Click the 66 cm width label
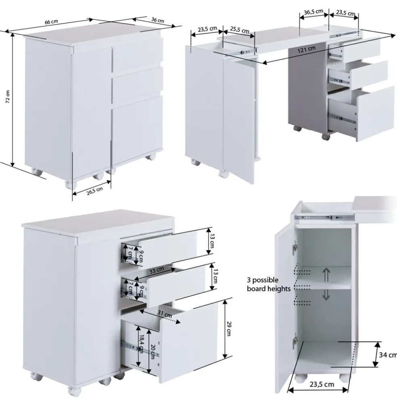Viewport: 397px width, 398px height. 52,22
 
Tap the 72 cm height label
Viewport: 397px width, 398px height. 8,97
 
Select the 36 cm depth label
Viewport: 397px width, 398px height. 158,20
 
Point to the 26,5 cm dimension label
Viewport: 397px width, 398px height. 95,191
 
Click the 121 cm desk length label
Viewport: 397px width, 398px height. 307,49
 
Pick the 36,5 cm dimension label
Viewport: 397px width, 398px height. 313,12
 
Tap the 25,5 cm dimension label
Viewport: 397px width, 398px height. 240,30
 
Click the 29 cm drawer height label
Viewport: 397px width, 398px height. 228,329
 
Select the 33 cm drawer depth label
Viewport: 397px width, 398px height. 157,270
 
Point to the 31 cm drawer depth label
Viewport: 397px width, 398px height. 165,314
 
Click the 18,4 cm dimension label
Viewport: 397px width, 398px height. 142,344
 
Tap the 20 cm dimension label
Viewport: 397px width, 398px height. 153,352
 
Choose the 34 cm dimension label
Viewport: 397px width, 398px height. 388,355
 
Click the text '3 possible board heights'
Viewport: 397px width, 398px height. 269,284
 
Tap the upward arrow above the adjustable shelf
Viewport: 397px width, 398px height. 326,275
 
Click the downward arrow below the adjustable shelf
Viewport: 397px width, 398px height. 326,295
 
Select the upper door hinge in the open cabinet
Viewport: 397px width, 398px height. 295,247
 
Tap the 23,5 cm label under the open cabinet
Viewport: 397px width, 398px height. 322,384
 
